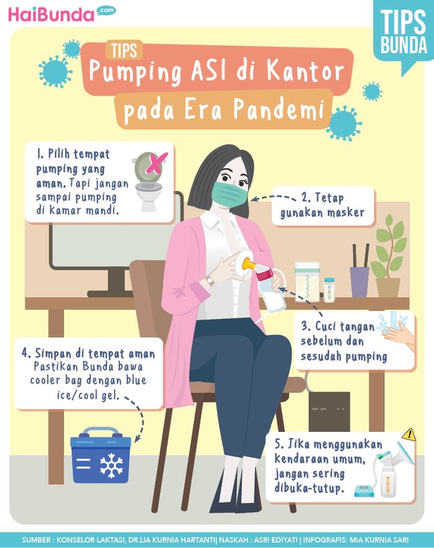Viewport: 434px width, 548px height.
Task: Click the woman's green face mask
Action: point(230,193)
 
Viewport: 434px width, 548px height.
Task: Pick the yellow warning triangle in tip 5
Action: point(408,435)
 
